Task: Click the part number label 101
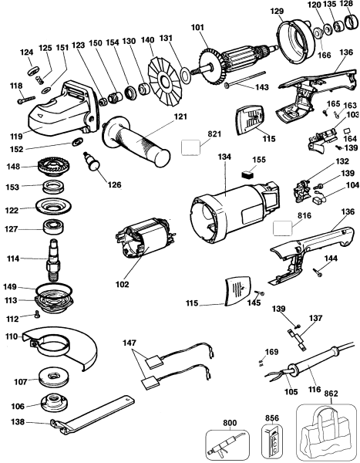click(197, 28)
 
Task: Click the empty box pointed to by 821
click(190, 147)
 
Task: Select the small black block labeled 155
click(247, 174)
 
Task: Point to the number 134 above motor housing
click(224, 157)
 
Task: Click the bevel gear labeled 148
click(52, 167)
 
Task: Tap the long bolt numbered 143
click(244, 79)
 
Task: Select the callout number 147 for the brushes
click(130, 343)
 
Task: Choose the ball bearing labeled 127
click(54, 228)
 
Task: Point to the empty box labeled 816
click(282, 228)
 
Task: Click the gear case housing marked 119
click(62, 108)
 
